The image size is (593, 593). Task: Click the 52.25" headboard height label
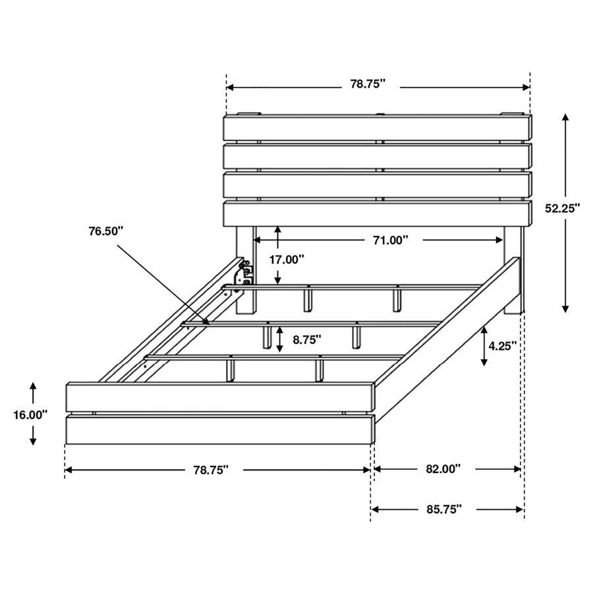(x=562, y=208)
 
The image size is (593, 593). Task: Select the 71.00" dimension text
(x=387, y=240)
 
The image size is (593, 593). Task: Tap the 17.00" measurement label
(x=287, y=260)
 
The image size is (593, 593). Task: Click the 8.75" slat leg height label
(x=307, y=340)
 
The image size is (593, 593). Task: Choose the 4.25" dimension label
(x=503, y=345)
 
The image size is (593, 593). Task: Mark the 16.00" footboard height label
(x=30, y=414)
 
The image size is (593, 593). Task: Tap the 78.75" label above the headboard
(x=367, y=84)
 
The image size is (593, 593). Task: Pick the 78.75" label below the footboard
(x=211, y=469)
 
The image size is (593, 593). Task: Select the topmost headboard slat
(x=377, y=128)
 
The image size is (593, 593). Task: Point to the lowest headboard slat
(x=377, y=213)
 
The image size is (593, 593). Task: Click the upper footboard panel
(x=221, y=397)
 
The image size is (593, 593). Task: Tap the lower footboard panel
(x=221, y=430)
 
